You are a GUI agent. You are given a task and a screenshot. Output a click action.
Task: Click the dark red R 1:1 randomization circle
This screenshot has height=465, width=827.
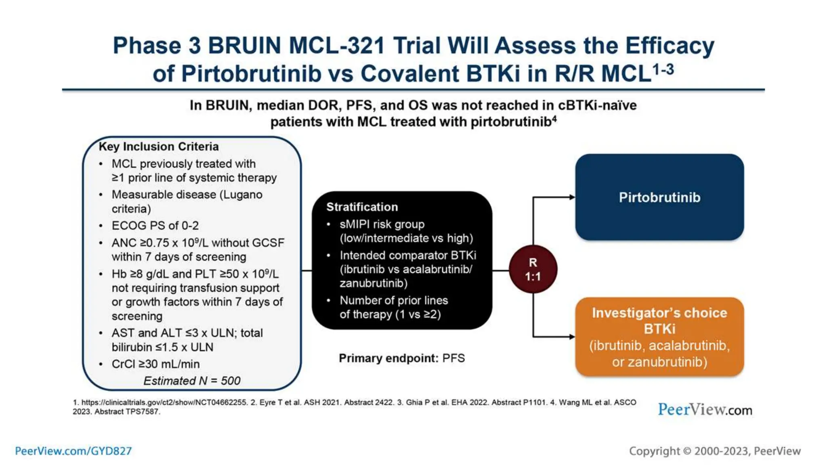coord(533,270)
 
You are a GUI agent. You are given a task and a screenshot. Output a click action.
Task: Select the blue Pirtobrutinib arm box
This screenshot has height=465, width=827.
coord(659,197)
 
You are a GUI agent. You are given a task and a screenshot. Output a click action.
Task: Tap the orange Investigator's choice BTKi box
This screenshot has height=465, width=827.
coord(659,337)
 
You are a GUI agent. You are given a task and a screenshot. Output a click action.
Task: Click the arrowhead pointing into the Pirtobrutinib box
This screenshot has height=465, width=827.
coord(572,197)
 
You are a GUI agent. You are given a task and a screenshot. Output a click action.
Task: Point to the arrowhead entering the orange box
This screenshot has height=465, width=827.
coord(572,337)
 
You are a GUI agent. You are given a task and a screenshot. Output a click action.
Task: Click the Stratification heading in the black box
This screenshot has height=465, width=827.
coord(362,207)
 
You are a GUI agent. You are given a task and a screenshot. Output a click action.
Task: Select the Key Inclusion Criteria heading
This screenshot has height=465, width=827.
coord(158,147)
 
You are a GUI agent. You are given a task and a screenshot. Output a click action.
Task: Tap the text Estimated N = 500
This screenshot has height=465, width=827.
coord(192,381)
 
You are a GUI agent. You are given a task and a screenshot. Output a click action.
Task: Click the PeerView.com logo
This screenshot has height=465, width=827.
coord(705,410)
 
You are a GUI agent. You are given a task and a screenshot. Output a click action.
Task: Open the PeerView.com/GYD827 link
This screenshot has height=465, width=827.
coord(73,451)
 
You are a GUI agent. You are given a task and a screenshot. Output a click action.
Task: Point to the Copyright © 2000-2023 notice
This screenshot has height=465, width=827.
coord(714,451)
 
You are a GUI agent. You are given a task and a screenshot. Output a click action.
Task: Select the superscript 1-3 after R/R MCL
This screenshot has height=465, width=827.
coord(663,69)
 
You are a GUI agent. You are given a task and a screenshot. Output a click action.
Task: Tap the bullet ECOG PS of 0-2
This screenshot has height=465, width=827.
coord(155,226)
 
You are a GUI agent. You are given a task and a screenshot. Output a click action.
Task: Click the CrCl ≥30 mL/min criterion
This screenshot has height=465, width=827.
coord(155,364)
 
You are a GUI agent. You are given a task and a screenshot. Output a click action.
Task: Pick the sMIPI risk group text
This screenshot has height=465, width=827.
coord(382,224)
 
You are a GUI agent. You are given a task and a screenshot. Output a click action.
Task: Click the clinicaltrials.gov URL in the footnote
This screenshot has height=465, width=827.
coord(164,402)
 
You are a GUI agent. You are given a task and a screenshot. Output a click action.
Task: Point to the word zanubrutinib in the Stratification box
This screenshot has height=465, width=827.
coord(373,283)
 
